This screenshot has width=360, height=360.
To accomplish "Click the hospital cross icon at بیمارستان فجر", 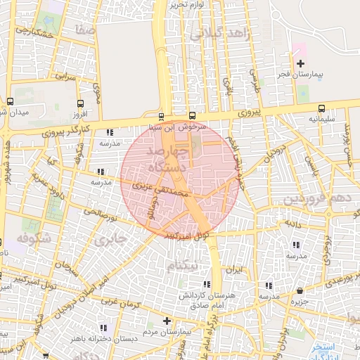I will (x=301, y=64).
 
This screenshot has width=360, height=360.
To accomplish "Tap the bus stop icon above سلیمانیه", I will (x=321, y=108).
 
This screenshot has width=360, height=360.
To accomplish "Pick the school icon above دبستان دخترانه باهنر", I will (x=104, y=328).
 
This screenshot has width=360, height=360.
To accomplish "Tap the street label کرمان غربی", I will (x=120, y=307).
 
